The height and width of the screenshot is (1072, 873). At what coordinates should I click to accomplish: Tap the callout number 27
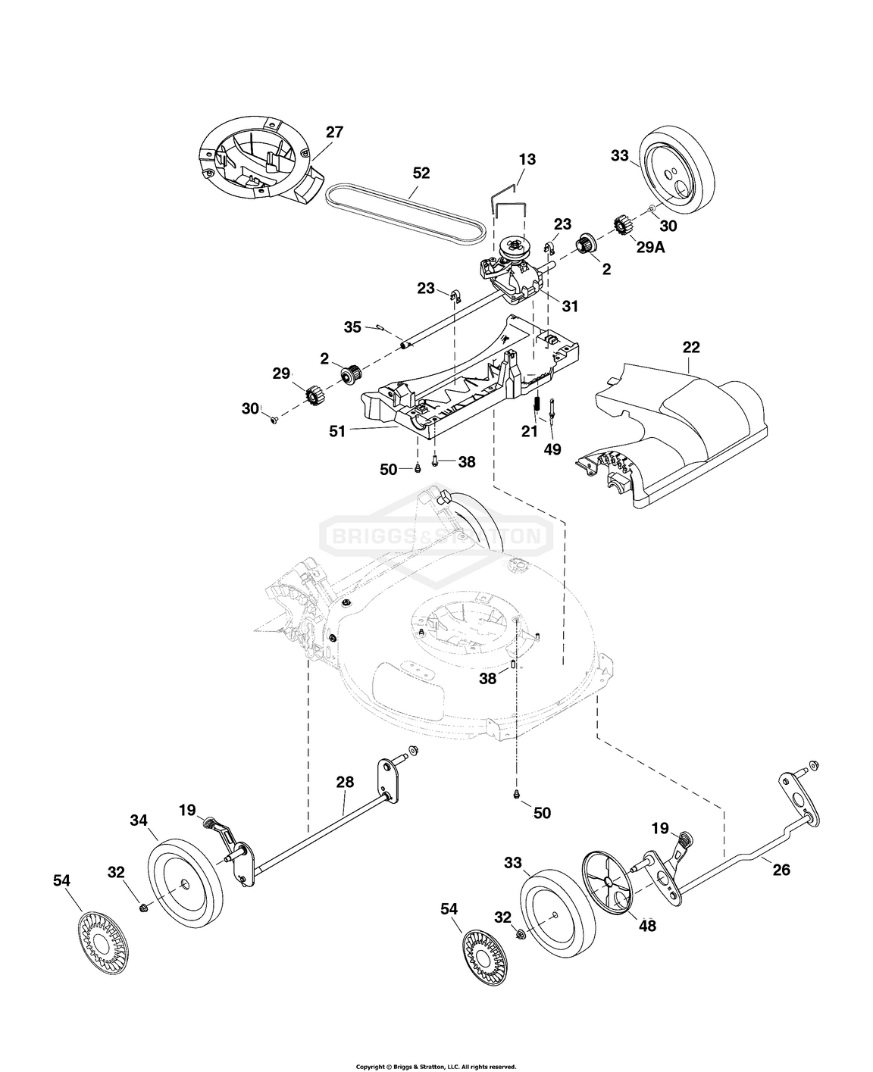[x=334, y=132]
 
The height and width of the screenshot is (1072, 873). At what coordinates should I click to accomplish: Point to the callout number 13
[x=527, y=159]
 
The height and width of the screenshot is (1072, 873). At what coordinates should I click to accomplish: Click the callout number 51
[x=336, y=431]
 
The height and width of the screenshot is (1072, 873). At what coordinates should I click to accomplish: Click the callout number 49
[x=552, y=449]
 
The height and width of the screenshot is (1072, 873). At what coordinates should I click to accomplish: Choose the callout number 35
[x=352, y=327]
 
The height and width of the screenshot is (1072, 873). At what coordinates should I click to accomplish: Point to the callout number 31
[x=570, y=305]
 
